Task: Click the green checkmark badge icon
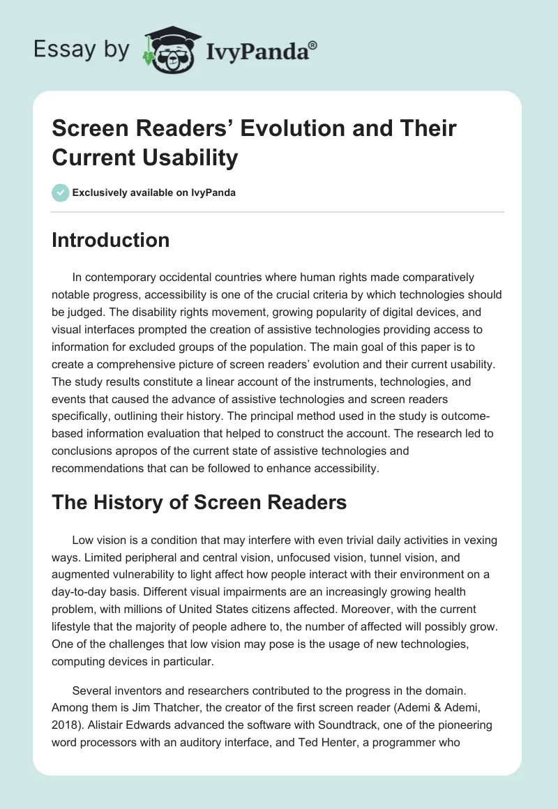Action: tap(61, 192)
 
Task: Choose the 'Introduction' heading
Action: tap(110, 240)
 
